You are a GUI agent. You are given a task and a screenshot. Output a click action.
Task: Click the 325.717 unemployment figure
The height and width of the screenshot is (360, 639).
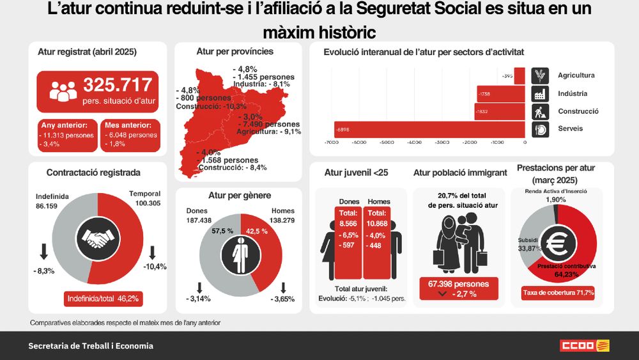pos(118,84)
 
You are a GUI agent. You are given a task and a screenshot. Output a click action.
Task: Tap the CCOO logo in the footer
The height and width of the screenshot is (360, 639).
pos(585,346)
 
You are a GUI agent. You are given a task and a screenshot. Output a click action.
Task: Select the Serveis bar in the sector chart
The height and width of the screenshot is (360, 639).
pos(429,129)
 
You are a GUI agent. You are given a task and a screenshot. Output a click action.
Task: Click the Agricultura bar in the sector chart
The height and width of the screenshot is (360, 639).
pos(519,75)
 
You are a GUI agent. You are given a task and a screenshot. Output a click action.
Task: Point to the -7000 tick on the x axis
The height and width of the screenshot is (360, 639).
pos(331,143)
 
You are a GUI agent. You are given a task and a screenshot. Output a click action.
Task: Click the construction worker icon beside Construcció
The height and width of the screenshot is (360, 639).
pos(540,111)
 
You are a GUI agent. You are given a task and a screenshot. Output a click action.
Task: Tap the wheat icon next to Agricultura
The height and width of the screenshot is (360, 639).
pos(540,75)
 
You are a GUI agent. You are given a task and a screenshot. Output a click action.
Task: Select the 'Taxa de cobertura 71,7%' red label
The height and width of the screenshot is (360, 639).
pos(558,293)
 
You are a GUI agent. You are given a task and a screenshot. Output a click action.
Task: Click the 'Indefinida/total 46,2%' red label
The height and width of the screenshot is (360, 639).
pos(102,299)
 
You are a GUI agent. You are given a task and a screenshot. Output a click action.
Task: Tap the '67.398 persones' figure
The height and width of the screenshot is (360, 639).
pos(459,284)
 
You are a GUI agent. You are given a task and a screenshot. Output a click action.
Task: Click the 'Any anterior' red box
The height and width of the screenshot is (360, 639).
pos(67,136)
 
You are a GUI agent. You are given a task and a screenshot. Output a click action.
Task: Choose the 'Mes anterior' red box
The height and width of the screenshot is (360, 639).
pos(130,136)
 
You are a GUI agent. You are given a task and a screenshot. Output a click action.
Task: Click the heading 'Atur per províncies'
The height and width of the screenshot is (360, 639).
pos(235,51)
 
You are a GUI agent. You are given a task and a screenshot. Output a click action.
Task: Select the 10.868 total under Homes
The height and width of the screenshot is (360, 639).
pos(376,224)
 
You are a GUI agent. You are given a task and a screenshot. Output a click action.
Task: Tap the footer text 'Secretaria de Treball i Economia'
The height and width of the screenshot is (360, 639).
pos(91,346)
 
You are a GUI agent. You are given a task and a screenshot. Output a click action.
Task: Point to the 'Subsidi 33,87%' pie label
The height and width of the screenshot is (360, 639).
pos(528,244)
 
